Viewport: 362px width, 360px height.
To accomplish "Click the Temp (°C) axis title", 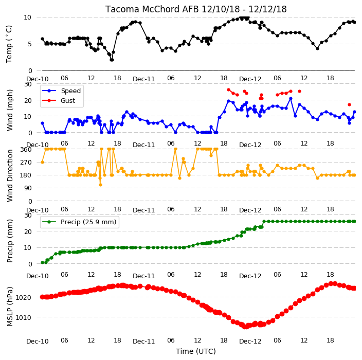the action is point(9,44).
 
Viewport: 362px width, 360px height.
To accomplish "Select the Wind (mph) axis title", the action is point(10,110).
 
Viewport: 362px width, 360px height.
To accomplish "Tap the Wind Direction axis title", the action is point(10,175).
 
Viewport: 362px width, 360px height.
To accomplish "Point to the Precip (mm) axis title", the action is point(10,241).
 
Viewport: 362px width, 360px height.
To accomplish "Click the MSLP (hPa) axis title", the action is point(10,307).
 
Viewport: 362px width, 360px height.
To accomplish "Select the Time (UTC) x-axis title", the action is point(196,351).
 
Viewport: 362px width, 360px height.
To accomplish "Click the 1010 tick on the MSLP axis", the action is point(23,317).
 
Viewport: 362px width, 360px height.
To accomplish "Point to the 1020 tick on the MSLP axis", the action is point(23,297).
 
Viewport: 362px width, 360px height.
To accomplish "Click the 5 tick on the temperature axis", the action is point(29,44).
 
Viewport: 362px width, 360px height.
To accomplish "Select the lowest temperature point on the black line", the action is point(112,60).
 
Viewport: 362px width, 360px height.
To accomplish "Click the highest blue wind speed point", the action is point(291,99).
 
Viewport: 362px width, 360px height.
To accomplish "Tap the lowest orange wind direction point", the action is point(100,185).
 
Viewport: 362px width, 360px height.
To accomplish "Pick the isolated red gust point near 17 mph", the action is point(349,104).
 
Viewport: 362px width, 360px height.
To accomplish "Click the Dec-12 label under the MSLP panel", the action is point(250,341).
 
